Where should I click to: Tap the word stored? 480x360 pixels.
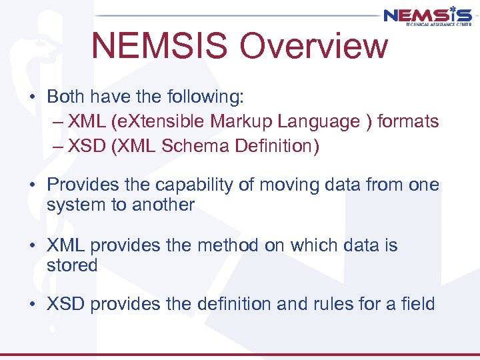pos(72,265)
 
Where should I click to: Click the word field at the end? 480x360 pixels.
pos(419,305)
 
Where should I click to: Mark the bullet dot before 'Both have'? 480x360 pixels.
pos(33,97)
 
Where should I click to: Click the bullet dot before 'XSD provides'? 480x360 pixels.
pos(33,305)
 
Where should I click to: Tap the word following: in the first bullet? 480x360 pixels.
pos(203,97)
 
